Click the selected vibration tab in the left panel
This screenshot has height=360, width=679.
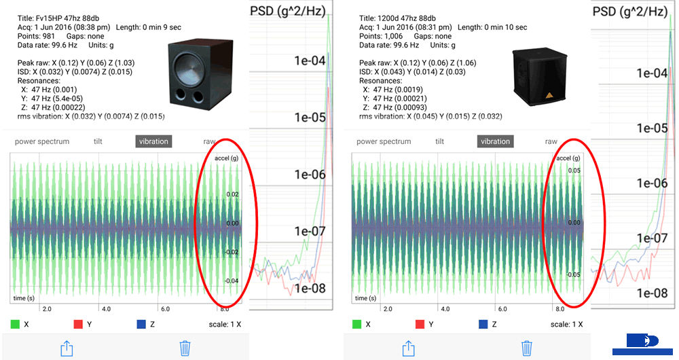[153, 141]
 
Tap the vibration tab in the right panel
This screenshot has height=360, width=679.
[495, 141]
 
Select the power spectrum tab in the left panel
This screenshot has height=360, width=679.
[42, 141]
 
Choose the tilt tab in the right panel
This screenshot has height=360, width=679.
[440, 141]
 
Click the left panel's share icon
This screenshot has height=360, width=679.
[67, 348]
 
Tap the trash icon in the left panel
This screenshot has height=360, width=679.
[185, 348]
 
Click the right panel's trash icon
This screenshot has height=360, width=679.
[527, 348]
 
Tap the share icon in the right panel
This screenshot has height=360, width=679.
[409, 348]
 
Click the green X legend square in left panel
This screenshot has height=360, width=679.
[15, 325]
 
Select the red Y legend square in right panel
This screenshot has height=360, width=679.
[420, 325]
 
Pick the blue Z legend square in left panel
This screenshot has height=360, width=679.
[141, 325]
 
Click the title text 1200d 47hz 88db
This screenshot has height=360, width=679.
[394, 18]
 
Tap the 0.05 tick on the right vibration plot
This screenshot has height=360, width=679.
[573, 170]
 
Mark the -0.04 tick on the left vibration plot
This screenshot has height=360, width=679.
[232, 281]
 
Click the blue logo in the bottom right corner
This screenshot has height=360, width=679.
[642, 343]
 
